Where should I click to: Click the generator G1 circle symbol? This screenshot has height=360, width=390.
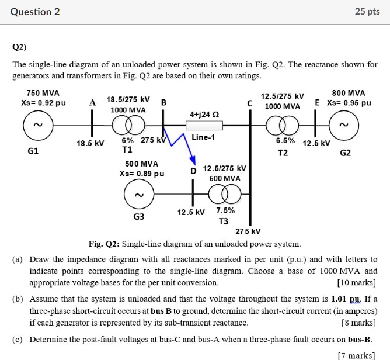[37, 124]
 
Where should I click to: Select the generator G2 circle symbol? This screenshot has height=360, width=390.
[345, 124]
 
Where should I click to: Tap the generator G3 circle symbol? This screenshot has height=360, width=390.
[138, 195]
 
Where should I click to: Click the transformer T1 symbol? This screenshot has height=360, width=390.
[127, 124]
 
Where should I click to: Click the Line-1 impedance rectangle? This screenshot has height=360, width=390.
[203, 124]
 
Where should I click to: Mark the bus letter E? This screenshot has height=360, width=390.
[318, 102]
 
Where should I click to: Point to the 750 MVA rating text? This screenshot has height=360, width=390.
[39, 93]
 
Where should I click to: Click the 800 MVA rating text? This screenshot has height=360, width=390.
[348, 93]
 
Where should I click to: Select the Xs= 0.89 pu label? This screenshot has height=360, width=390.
[141, 173]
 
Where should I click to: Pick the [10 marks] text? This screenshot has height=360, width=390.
[357, 282]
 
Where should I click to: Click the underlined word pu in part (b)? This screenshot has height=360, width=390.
[353, 299]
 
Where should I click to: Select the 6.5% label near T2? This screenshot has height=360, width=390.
[285, 140]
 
